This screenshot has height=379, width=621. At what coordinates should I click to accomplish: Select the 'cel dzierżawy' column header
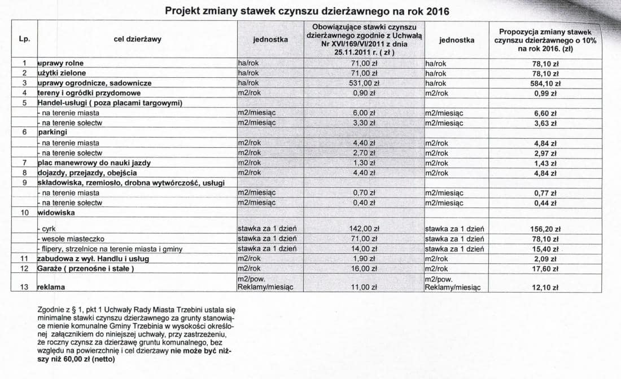point(137,39)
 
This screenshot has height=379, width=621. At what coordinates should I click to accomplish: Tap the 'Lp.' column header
point(25,39)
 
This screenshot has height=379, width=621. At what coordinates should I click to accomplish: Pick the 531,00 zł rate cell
point(365,83)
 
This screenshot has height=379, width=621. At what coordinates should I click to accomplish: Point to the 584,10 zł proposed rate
point(546,83)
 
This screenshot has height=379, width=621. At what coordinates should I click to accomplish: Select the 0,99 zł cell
point(546,93)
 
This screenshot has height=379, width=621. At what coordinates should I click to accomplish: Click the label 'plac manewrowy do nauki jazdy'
point(94,163)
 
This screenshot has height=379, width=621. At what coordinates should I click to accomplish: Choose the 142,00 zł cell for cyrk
point(364,229)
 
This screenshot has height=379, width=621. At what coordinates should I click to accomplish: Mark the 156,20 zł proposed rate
point(546,229)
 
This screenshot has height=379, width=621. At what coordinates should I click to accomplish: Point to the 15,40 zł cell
point(546,249)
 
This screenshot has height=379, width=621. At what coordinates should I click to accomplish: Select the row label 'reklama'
point(51,287)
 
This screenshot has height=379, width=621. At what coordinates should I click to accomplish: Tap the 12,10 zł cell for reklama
point(546,287)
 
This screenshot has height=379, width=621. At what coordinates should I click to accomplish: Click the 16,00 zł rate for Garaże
point(365,268)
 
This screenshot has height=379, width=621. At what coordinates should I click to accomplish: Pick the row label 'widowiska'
point(54,213)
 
